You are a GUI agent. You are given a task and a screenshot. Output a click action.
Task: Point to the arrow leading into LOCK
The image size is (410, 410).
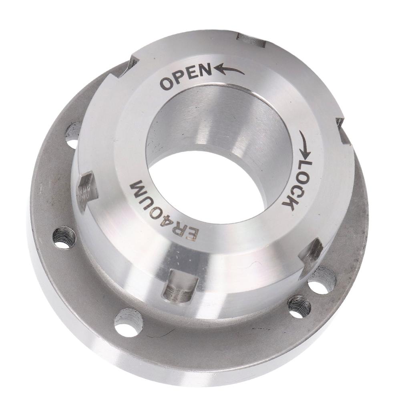[305, 145]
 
